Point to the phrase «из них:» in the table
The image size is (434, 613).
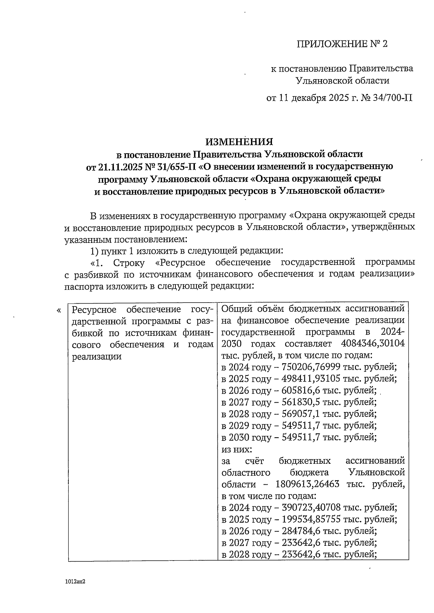[x=236, y=449]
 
